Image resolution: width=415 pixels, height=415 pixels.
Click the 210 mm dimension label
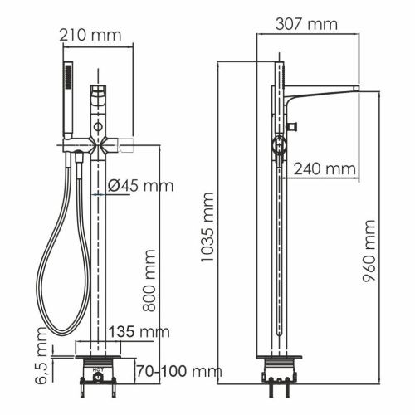pos(90,35)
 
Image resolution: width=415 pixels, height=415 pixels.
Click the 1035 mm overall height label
pos(207,227)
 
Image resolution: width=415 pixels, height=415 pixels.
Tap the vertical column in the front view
pos(99,249)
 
